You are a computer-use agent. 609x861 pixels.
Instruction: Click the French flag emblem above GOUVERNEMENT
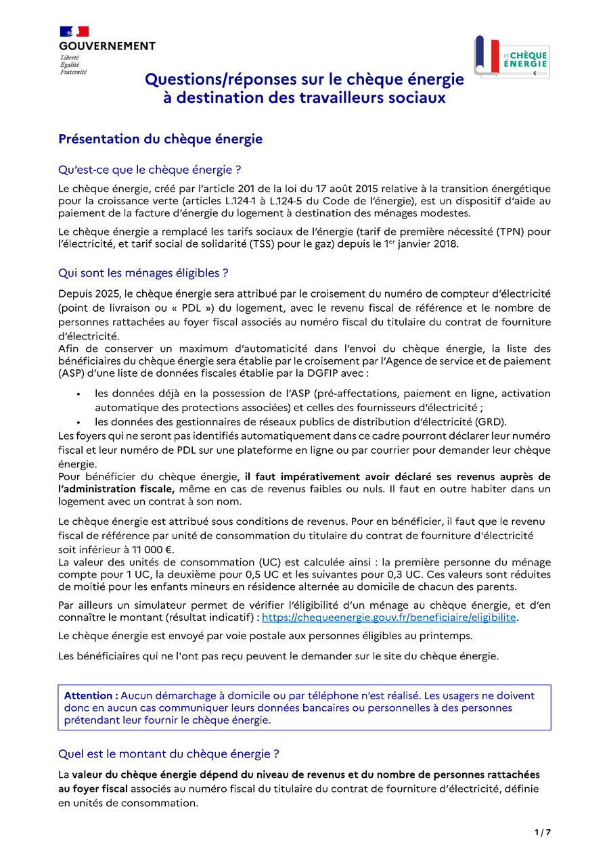[x=74, y=31]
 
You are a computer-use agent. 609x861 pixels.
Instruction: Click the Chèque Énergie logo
[x=512, y=57]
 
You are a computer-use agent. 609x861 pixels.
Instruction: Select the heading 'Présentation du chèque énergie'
[x=160, y=139]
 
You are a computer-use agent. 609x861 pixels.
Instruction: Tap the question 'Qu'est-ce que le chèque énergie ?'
[x=150, y=169]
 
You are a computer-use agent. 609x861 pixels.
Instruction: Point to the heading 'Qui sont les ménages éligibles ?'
[x=143, y=273]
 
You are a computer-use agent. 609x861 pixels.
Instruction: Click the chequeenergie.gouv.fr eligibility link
[x=389, y=618]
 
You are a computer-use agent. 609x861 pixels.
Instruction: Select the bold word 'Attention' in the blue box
[x=91, y=695]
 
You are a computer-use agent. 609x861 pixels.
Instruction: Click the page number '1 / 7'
[x=543, y=832]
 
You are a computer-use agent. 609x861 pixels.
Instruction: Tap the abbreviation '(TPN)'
[x=516, y=232]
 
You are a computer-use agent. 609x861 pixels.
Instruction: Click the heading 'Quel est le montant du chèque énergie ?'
[x=168, y=753]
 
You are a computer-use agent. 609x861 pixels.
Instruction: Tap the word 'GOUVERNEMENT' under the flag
[x=107, y=46]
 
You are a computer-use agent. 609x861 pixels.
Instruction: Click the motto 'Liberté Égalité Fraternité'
[x=73, y=65]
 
